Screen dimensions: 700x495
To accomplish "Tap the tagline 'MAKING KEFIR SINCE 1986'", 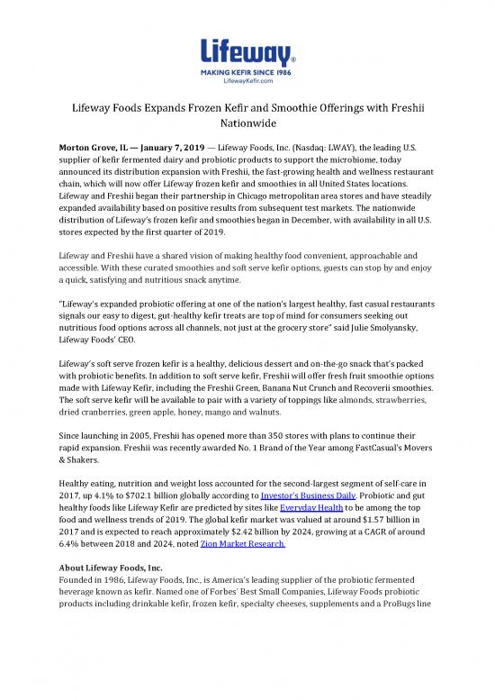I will (247, 66).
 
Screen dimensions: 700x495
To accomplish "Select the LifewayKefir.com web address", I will (247, 75).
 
